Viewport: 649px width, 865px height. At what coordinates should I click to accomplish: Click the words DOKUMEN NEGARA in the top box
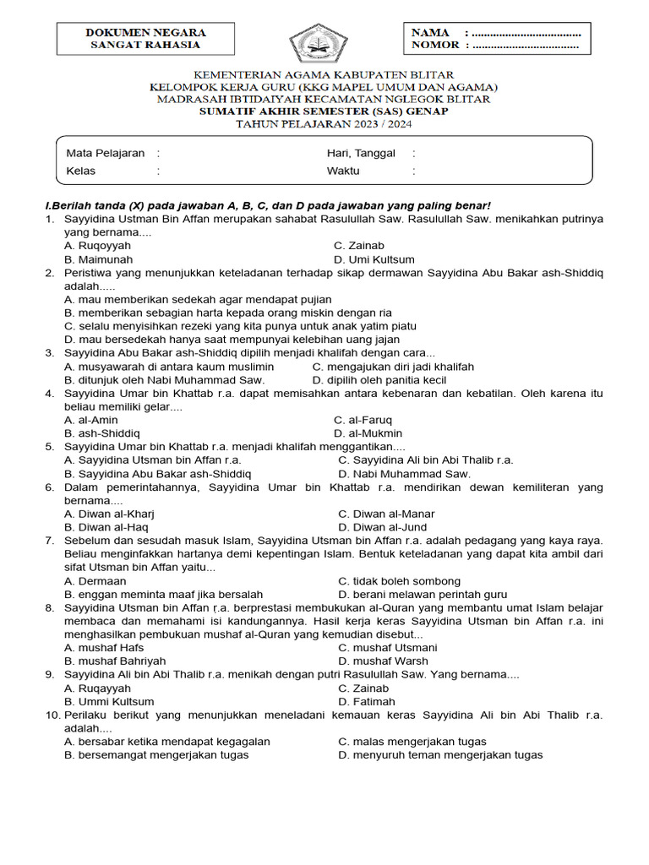(145, 32)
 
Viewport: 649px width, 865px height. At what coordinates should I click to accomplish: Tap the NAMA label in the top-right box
(430, 32)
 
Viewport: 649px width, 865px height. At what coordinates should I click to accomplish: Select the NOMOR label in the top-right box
(435, 45)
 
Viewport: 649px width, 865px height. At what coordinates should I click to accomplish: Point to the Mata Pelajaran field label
(106, 153)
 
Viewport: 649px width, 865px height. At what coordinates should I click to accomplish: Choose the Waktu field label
(343, 171)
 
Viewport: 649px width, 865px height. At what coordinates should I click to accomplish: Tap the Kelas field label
(81, 171)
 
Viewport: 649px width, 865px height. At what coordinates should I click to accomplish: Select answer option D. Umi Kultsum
(374, 259)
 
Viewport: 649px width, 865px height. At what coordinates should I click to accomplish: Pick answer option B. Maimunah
(99, 259)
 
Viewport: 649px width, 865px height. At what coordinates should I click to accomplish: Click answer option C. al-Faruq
(363, 420)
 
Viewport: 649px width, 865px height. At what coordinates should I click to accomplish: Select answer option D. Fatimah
(367, 701)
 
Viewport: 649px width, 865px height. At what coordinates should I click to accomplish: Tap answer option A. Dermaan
(95, 580)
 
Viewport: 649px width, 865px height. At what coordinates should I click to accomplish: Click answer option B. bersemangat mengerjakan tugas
(156, 754)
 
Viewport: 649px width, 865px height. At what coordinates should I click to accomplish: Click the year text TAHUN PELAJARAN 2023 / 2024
(324, 122)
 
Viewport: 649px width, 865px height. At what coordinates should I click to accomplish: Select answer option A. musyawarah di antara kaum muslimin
(169, 367)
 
